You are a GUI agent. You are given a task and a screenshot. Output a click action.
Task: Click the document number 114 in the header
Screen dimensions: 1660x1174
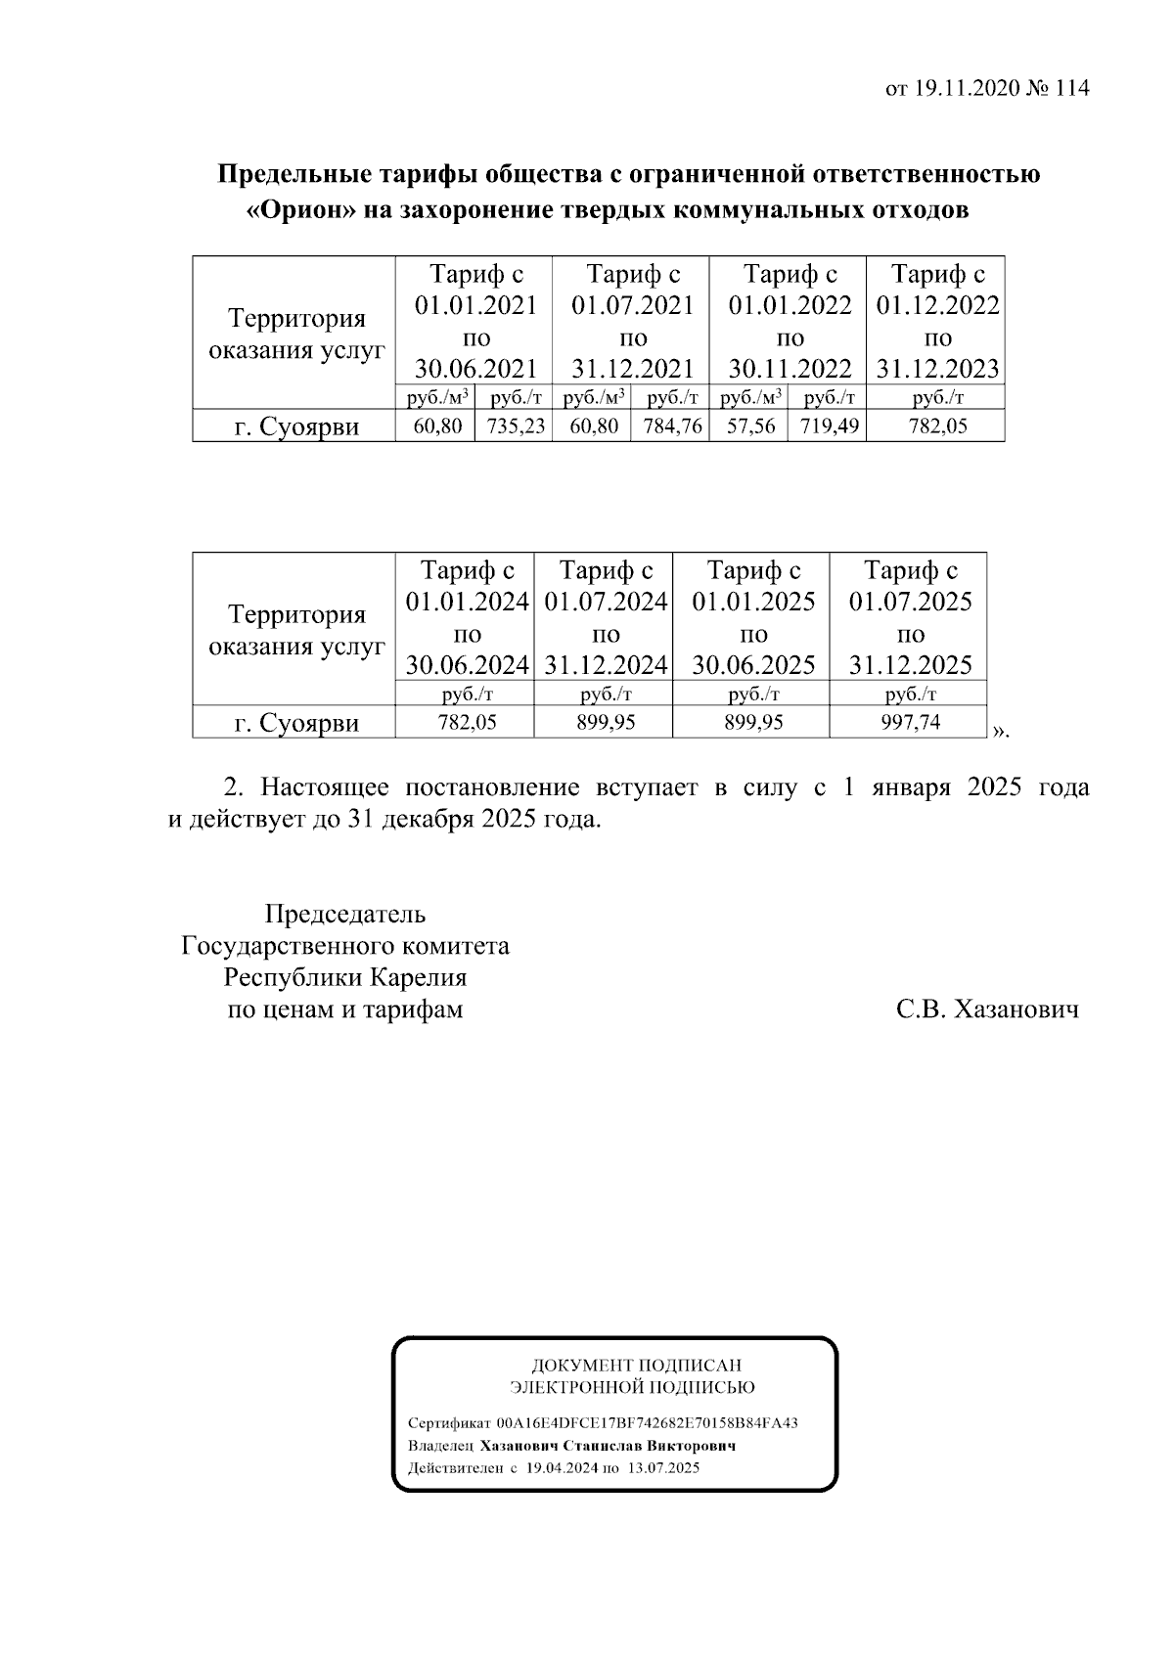(x=1071, y=89)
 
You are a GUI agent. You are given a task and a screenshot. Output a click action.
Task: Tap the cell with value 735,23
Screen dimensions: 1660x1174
(x=515, y=426)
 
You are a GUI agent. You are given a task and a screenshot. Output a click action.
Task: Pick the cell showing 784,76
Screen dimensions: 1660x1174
(x=672, y=426)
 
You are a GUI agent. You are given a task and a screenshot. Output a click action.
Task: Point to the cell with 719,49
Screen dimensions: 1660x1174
(x=829, y=426)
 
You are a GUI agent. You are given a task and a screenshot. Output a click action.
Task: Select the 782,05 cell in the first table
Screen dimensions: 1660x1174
(x=937, y=426)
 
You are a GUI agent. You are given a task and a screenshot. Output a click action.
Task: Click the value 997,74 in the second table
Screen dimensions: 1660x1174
(x=909, y=723)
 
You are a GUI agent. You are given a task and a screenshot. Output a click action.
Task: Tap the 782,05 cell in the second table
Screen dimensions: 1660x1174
(x=467, y=723)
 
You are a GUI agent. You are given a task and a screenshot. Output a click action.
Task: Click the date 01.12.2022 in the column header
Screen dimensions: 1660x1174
(x=937, y=306)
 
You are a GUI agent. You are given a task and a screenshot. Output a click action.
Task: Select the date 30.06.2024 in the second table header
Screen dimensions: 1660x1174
(x=467, y=665)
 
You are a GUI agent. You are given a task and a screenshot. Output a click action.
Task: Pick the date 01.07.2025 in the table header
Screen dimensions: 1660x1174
(x=909, y=602)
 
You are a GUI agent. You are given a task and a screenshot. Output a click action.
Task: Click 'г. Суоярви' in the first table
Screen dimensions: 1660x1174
(x=295, y=427)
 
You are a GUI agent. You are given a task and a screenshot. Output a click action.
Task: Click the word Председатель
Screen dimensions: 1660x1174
(x=344, y=915)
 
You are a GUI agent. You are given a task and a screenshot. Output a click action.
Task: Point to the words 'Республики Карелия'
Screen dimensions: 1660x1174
(x=344, y=977)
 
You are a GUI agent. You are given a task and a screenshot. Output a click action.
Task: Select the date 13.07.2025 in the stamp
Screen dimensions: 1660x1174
(x=663, y=1468)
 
